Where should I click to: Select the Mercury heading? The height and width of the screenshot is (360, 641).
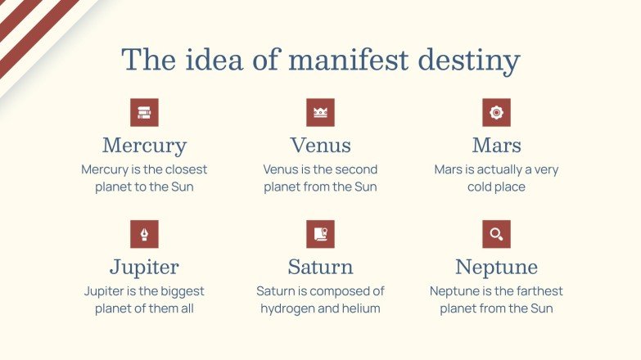point(144,146)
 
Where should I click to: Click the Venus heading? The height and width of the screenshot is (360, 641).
point(320,146)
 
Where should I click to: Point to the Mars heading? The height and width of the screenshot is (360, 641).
point(496,146)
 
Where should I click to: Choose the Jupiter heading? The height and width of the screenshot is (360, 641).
point(144,267)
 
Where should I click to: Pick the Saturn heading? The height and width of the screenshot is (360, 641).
point(320,267)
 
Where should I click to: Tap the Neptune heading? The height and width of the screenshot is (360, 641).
point(496,267)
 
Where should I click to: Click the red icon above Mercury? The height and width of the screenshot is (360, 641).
point(144,113)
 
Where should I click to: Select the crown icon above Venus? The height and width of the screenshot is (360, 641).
point(320,113)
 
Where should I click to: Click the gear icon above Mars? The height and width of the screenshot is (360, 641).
point(496,113)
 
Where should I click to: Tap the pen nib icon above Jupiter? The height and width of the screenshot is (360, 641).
point(144,234)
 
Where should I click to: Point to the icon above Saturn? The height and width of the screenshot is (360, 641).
point(320,234)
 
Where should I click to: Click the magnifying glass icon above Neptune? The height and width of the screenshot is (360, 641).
point(496,234)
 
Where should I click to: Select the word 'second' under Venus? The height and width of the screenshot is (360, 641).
point(357,169)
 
